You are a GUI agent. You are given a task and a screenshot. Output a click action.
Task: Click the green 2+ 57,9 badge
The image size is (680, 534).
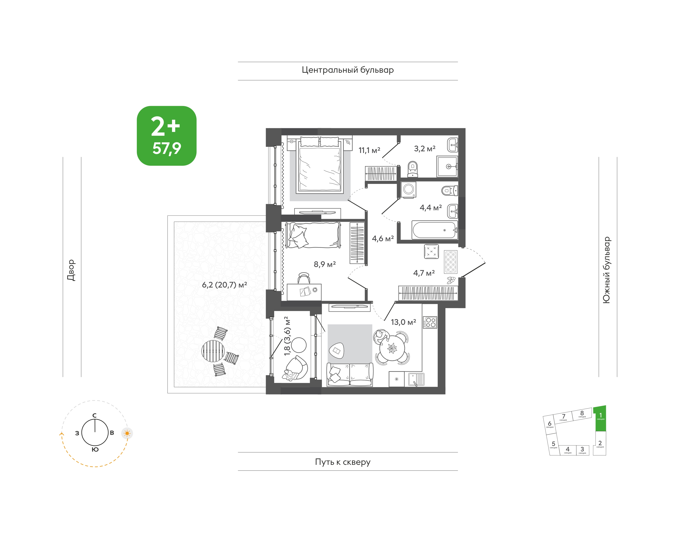click(167, 136)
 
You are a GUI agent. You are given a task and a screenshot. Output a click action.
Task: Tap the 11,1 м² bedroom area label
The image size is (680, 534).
click(369, 150)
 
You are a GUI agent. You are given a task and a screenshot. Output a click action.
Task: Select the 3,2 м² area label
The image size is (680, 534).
click(425, 148)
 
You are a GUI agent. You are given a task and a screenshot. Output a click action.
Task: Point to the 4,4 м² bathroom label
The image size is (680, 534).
click(431, 208)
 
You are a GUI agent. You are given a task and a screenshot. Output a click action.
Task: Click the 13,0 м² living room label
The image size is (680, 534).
click(403, 322)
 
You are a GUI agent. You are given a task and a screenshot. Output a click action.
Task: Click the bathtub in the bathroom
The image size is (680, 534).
click(435, 230)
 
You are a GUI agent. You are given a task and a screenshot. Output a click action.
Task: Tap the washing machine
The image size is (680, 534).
click(408, 190)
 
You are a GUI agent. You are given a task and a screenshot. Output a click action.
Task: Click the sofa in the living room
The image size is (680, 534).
click(350, 375)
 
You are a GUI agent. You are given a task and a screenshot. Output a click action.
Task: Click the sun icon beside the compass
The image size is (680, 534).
click(127, 433)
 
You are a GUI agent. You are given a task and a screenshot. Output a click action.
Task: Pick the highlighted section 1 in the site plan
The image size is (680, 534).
click(600, 418)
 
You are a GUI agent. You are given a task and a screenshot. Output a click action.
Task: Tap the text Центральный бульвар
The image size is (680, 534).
click(348, 70)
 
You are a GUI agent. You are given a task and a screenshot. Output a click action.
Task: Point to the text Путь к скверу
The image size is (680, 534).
click(343, 462)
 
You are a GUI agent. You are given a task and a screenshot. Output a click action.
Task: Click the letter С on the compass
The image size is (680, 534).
click(94, 415)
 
